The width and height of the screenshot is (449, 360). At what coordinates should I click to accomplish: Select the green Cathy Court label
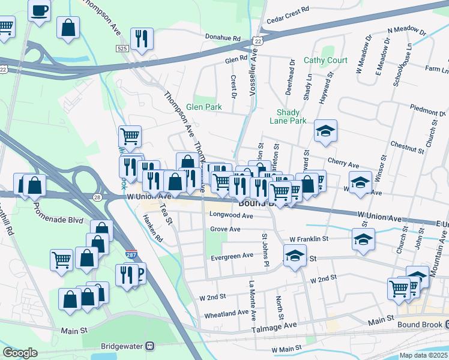(325, 60)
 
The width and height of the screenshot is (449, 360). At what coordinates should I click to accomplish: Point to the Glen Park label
(203, 107)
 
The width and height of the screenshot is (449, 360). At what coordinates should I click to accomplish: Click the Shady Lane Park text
(291, 116)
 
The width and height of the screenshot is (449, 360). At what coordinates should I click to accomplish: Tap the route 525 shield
(122, 47)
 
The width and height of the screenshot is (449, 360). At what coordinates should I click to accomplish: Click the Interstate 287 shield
(131, 254)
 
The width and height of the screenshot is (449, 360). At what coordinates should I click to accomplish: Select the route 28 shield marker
(98, 197)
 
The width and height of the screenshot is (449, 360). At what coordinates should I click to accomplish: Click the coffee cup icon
(40, 10)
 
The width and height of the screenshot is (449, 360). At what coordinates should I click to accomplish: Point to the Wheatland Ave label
(226, 313)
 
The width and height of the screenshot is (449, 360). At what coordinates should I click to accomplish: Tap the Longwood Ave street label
(231, 215)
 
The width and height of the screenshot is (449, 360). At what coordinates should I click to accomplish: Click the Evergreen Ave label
(232, 256)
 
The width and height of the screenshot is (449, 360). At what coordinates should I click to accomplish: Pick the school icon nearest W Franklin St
(363, 239)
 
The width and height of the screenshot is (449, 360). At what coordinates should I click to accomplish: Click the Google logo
(20, 353)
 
